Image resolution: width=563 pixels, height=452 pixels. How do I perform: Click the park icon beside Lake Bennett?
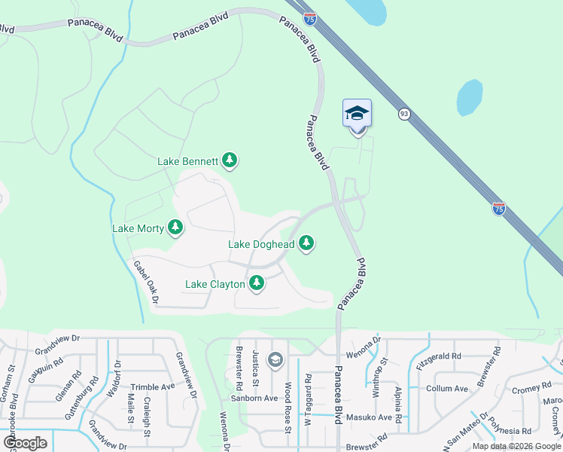point(230,160)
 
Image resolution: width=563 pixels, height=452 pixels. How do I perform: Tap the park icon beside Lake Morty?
point(175,227)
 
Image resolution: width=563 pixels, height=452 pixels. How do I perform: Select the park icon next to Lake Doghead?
point(306,243)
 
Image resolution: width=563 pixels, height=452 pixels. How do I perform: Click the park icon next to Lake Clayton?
point(257,283)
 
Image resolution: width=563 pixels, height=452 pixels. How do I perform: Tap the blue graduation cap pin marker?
point(357,114)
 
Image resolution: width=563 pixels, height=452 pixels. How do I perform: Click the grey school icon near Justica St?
point(275,359)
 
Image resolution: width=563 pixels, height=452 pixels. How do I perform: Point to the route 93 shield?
point(404,114)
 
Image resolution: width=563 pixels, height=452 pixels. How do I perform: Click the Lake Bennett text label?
point(187,161)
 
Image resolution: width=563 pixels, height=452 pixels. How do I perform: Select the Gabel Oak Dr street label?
point(146,282)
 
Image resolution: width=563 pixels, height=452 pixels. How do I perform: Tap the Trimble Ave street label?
point(153,386)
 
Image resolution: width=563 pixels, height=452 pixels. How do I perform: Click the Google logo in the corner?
point(25,443)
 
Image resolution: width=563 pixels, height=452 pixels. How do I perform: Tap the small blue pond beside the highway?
point(469,97)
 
